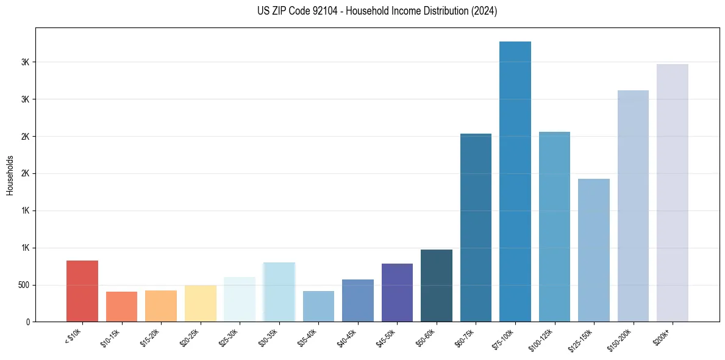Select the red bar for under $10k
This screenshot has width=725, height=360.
coord(82,291)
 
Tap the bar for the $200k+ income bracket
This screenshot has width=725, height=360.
coord(672,193)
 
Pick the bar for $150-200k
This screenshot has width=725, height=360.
coord(633,206)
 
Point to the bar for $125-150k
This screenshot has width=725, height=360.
coord(593,250)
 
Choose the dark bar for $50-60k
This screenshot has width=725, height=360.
coord(437,286)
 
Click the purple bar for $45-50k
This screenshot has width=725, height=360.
coord(397,292)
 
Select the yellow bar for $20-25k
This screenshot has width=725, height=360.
coord(201,303)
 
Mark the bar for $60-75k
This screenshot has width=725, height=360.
coord(476,228)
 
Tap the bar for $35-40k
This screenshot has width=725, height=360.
coord(318,306)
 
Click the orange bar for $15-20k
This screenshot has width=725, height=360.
coord(161,306)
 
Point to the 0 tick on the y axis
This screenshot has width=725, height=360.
coord(29,322)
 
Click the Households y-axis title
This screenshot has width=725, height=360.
coord(10,175)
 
